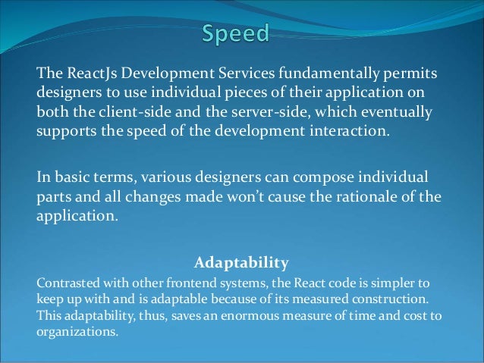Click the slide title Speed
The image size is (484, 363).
click(235, 34)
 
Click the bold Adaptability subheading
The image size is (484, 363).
click(241, 264)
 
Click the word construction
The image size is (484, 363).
click(391, 299)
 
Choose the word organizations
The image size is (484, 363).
click(77, 331)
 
